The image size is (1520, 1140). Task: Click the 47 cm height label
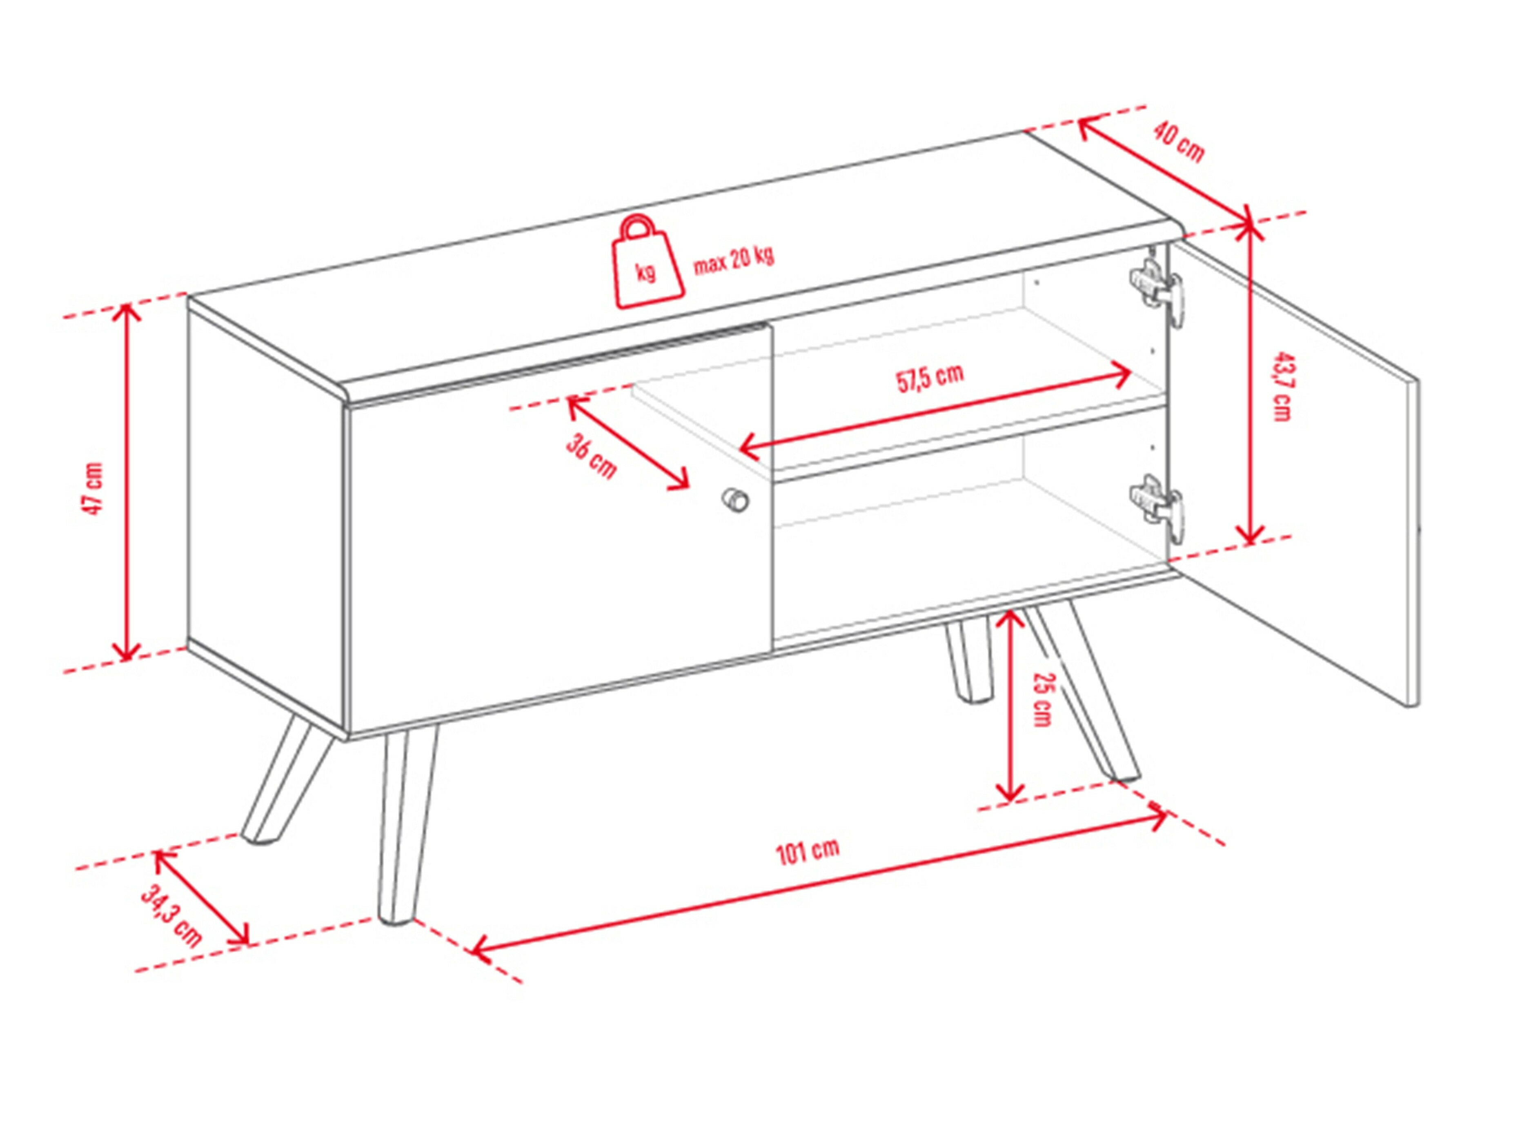pyautogui.click(x=92, y=488)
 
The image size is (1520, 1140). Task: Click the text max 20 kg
pyautogui.click(x=733, y=260)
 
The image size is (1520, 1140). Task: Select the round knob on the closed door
pyautogui.click(x=735, y=499)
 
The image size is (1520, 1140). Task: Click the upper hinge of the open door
pyautogui.click(x=1157, y=289)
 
